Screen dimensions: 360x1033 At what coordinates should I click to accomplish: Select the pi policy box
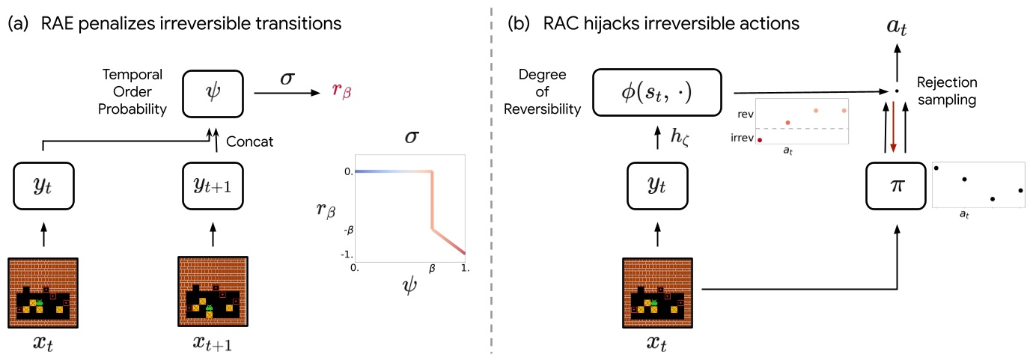point(897,186)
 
